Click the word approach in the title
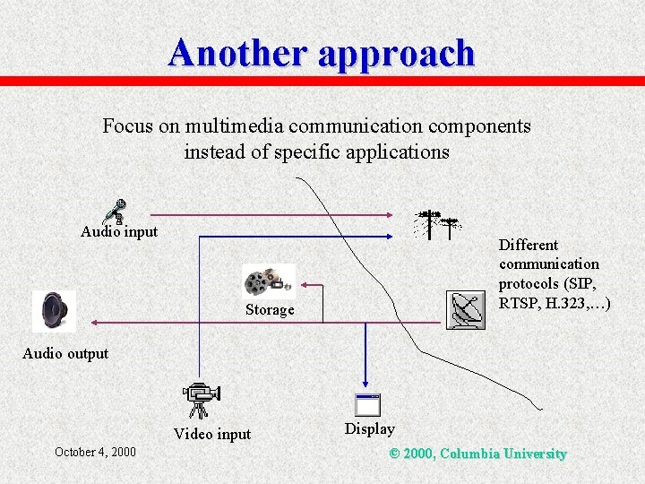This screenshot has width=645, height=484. coord(395,53)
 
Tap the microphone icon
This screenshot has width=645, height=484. coord(114,212)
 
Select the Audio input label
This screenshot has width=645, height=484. coord(119,231)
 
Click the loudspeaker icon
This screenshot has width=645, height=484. coord(54,311)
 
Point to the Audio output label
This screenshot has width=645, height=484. coord(65,353)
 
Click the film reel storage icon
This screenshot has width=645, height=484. coord(269,282)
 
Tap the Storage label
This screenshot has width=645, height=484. coord(270,310)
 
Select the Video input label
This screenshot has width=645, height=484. coord(212,435)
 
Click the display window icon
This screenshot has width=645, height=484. coord(368,405)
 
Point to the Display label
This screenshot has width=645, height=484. coord(369,429)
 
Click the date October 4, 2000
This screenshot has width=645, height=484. coord(95,452)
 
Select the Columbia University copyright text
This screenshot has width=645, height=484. coord(478,454)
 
